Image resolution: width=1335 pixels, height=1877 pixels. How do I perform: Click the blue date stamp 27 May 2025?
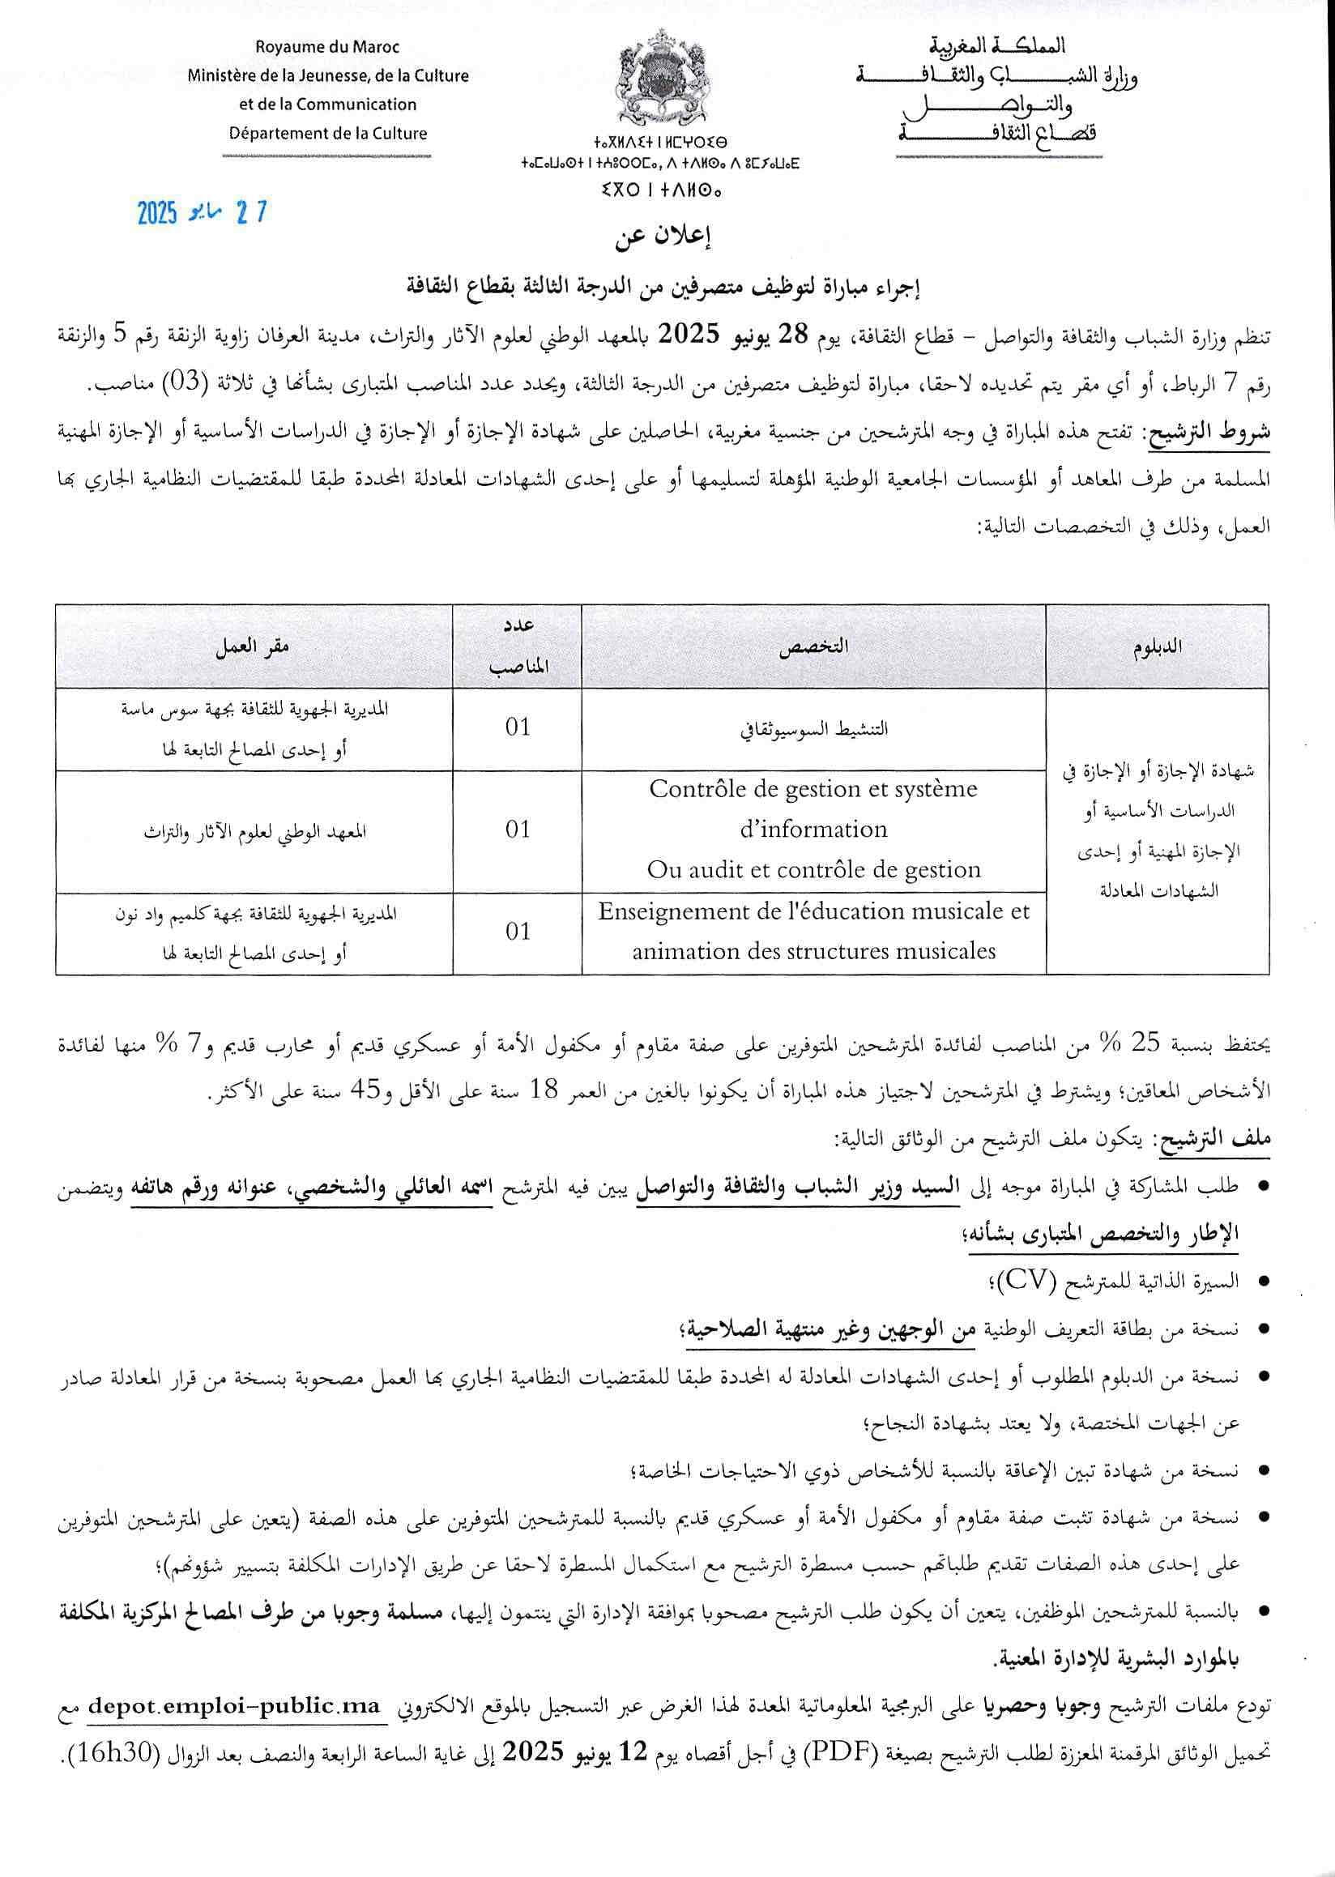tap(203, 212)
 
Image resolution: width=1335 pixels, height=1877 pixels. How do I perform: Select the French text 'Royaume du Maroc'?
tap(327, 47)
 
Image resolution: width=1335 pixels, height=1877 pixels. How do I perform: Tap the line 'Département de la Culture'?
tap(328, 133)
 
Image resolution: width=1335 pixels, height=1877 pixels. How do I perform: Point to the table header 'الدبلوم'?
tap(1158, 646)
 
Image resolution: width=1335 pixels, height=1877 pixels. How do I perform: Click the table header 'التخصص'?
tap(814, 646)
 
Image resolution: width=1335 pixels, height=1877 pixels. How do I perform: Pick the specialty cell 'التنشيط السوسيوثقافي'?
tap(814, 728)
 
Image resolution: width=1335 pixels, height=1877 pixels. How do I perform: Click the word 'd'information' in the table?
tap(814, 829)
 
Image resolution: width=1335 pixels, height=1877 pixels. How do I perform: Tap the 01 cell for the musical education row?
tap(518, 932)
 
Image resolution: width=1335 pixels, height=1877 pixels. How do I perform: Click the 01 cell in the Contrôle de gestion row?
tap(518, 830)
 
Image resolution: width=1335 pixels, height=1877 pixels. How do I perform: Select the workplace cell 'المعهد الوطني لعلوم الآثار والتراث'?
tap(255, 831)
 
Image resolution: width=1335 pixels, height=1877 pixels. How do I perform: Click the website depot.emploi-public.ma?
tap(237, 1706)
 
